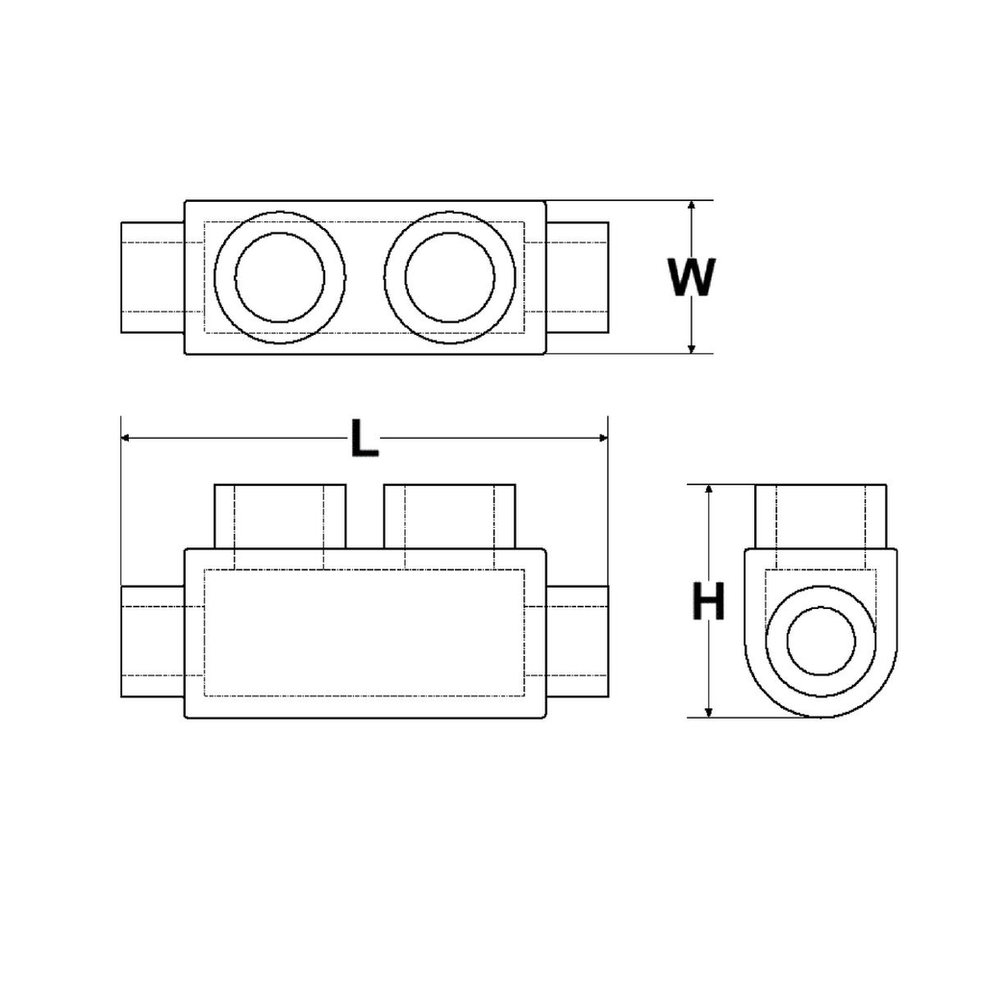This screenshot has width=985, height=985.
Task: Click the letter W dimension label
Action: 693,277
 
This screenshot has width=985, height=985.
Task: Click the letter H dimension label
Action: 709,604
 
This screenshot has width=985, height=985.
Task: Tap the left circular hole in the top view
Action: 279,277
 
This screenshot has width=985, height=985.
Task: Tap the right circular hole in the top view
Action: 449,277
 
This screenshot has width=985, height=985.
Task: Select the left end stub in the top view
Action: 152,277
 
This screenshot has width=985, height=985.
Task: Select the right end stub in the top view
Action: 577,277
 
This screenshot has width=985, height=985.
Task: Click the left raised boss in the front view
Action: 279,516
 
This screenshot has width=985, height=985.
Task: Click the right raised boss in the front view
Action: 449,516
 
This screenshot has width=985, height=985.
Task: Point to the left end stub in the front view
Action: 152,642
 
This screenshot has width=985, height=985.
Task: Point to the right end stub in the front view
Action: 577,642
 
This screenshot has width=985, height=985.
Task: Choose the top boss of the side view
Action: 821,516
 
